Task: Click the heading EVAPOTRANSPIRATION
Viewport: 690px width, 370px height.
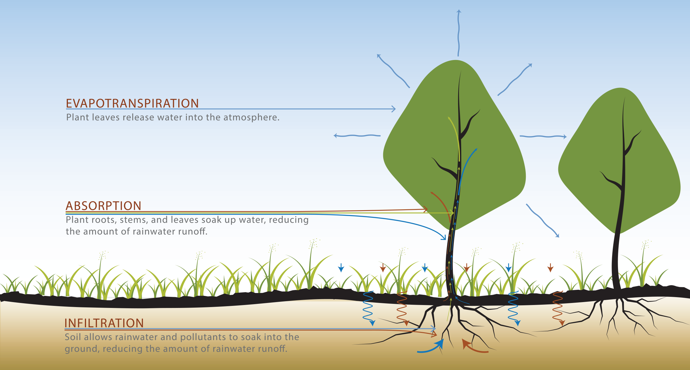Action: pos(132,103)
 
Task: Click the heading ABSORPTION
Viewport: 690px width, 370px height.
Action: pos(103,206)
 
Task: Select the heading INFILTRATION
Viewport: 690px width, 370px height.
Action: pos(104,323)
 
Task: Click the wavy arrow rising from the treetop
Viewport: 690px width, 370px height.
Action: pos(458,32)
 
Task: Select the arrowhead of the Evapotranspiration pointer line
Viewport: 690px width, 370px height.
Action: pos(394,109)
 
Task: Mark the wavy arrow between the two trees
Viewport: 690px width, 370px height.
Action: pos(543,136)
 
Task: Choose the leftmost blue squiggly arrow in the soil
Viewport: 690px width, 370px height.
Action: pos(368,307)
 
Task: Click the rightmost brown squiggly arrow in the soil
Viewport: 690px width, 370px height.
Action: pos(558,307)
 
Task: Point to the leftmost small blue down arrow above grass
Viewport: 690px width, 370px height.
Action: pos(341,268)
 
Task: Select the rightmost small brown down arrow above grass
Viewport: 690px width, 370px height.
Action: pos(550,268)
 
